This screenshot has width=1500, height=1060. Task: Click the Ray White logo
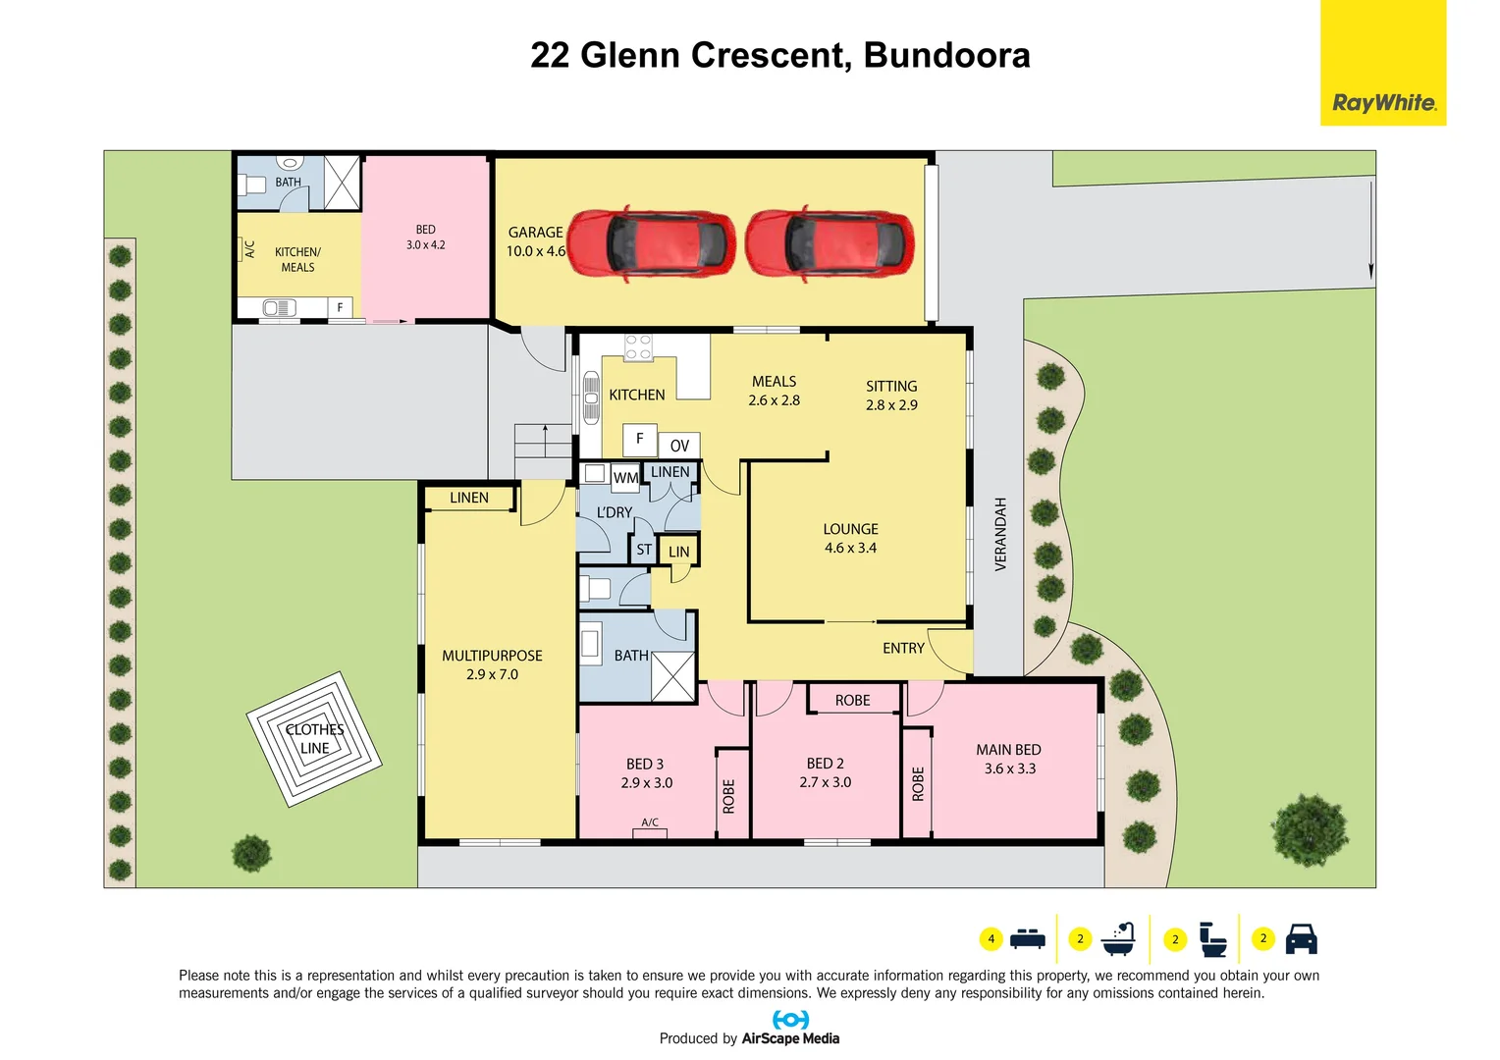click(1382, 102)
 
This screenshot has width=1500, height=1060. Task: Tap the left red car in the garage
click(652, 244)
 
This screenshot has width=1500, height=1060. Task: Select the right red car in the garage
click(830, 244)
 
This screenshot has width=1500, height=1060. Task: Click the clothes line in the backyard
click(313, 739)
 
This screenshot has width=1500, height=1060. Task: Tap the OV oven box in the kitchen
click(679, 446)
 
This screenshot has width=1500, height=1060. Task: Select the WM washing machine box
click(625, 478)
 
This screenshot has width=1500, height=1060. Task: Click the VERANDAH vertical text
click(1000, 534)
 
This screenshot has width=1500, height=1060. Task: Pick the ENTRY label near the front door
click(903, 648)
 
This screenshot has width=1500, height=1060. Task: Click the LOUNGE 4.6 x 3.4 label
click(850, 538)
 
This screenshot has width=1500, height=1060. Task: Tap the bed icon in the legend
click(1028, 938)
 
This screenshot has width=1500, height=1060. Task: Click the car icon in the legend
click(1301, 939)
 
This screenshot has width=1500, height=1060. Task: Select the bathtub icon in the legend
click(1118, 939)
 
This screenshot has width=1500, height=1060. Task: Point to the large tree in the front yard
click(1310, 830)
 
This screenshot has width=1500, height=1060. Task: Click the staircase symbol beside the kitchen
click(543, 451)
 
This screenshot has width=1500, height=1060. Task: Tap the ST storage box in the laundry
click(644, 550)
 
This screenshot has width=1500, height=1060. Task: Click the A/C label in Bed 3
click(650, 822)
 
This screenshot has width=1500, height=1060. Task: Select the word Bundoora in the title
click(946, 55)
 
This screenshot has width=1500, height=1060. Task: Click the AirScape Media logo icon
click(790, 1020)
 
